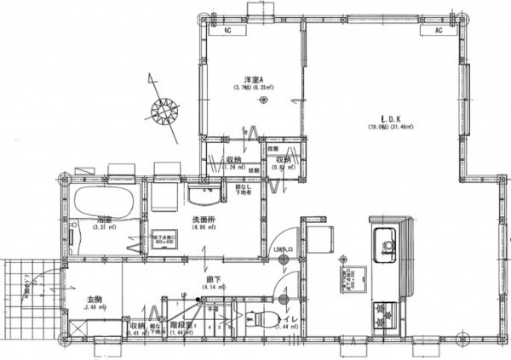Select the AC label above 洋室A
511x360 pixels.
(x=228, y=30)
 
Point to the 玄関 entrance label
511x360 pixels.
(x=95, y=300)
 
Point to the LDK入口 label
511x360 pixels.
(x=282, y=249)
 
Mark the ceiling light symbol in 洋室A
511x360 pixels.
(x=262, y=100)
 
